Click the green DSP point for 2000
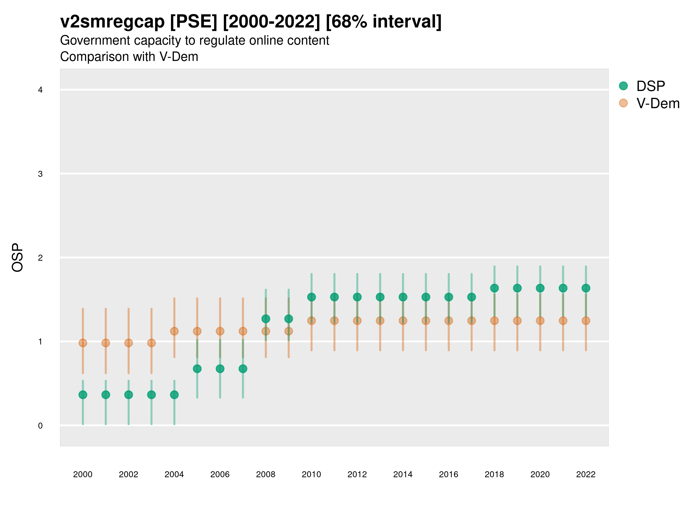[x=83, y=395]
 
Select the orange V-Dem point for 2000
[x=83, y=343]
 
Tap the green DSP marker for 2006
[x=220, y=369]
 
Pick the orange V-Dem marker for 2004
[x=174, y=331]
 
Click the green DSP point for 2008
[x=266, y=319]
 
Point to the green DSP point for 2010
[x=311, y=297]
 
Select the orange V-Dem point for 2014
[x=403, y=321]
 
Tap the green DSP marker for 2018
[x=494, y=288]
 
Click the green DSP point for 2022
[x=586, y=288]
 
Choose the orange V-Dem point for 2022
[x=586, y=321]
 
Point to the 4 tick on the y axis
[x=40, y=90]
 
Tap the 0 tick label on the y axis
[x=40, y=426]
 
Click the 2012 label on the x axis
[x=357, y=474]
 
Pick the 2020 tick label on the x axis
[x=540, y=474]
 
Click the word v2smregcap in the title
[x=112, y=22]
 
